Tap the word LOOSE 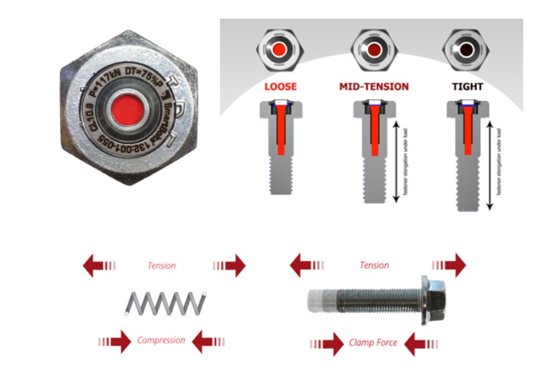[280, 87]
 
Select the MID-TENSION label [373, 87]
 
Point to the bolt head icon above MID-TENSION [373, 51]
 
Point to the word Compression [161, 341]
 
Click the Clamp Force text [373, 343]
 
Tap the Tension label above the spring [161, 266]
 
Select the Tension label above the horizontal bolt [374, 266]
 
